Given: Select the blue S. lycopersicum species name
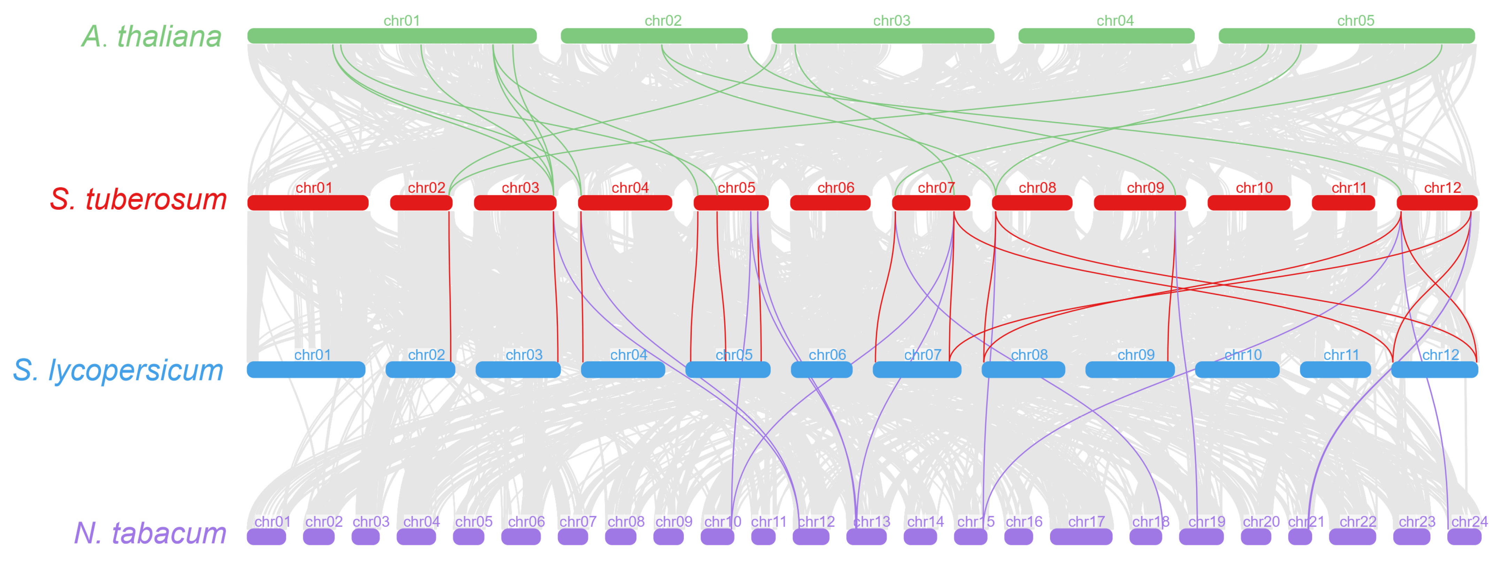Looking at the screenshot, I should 118,370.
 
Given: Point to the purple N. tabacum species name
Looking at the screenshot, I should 150,533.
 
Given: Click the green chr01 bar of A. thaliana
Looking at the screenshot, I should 392,36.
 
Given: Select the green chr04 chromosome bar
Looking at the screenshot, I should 1107,36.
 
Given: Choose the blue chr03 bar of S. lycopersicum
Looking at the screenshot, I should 518,370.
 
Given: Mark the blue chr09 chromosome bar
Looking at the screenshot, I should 1130,370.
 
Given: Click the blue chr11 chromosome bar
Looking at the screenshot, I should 1335,370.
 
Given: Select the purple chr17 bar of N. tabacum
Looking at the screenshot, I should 1081,537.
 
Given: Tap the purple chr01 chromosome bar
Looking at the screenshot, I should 266,537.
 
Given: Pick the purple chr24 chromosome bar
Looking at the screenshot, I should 1464,537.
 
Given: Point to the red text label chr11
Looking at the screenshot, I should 1349,187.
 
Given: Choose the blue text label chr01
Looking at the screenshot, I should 312,354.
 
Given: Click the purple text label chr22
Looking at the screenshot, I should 1358,521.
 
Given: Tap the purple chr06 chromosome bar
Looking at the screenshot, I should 521,537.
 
